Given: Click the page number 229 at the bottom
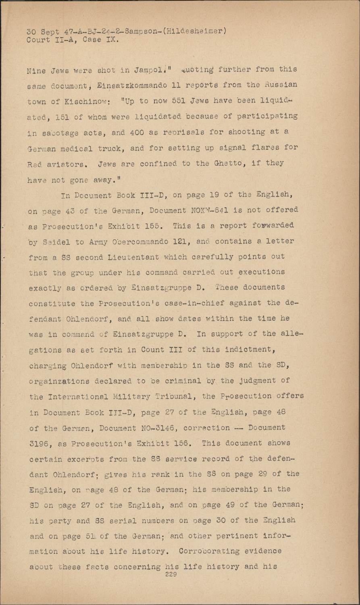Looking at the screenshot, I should click(x=171, y=574).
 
